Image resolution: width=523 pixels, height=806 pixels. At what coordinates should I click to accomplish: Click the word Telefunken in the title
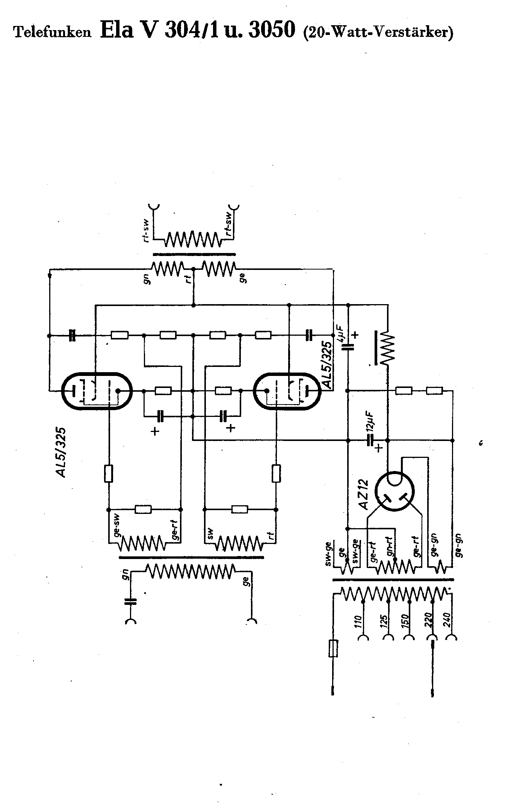pyautogui.click(x=52, y=32)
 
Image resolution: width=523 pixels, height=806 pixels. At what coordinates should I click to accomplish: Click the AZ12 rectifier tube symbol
pyautogui.click(x=395, y=491)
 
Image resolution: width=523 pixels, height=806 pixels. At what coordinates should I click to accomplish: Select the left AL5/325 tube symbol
pyautogui.click(x=97, y=391)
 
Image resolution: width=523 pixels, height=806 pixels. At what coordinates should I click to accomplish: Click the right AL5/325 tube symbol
pyautogui.click(x=288, y=391)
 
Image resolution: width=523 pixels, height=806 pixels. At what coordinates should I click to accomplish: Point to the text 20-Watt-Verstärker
pyautogui.click(x=379, y=32)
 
